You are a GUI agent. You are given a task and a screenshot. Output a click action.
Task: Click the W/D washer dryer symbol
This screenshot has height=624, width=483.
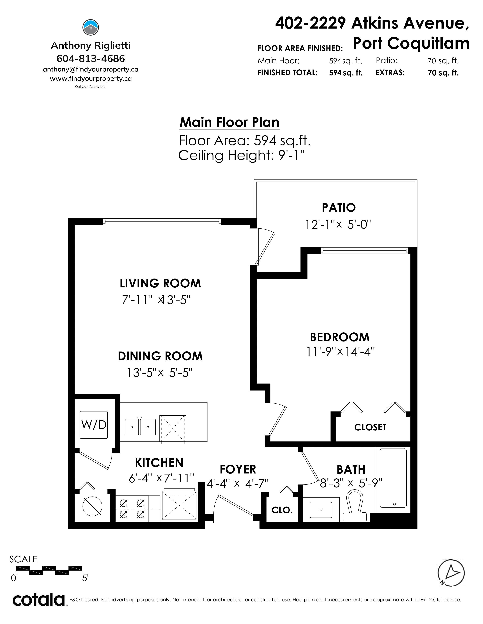coord(94,425)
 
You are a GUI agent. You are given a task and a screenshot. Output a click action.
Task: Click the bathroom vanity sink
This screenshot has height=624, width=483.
coord(321,510)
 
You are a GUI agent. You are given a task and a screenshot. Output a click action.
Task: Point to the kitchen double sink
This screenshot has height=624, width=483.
coord(140,427)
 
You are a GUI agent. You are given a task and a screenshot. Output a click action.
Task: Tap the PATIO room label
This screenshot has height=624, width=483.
coord(339,208)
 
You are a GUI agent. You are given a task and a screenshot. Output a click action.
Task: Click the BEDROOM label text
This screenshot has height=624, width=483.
coord(340,337)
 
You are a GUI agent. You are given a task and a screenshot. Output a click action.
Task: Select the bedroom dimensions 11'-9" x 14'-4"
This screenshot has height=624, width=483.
coord(340,352)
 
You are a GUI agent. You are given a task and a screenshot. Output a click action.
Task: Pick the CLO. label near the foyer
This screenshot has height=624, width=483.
coord(282,510)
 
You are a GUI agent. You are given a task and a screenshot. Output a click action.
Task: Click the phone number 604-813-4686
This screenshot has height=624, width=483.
coord(91,59)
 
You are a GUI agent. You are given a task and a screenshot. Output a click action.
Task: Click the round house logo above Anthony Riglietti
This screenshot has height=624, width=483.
coord(91,28)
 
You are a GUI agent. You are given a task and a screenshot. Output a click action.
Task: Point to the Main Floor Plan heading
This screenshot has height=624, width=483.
coord(230,122)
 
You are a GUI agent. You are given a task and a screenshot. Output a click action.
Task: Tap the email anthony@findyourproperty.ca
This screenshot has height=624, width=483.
coord(91,69)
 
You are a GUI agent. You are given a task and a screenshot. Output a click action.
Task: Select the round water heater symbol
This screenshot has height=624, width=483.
coord(92,507)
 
